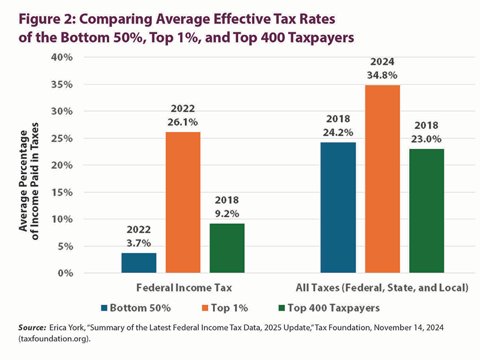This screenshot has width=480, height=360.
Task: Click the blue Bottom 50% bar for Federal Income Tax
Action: click(x=139, y=263)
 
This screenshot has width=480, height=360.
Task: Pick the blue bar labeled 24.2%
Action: click(x=338, y=208)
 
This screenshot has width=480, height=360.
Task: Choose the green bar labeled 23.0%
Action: click(x=427, y=211)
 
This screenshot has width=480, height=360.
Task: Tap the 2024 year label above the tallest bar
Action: click(x=382, y=62)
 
